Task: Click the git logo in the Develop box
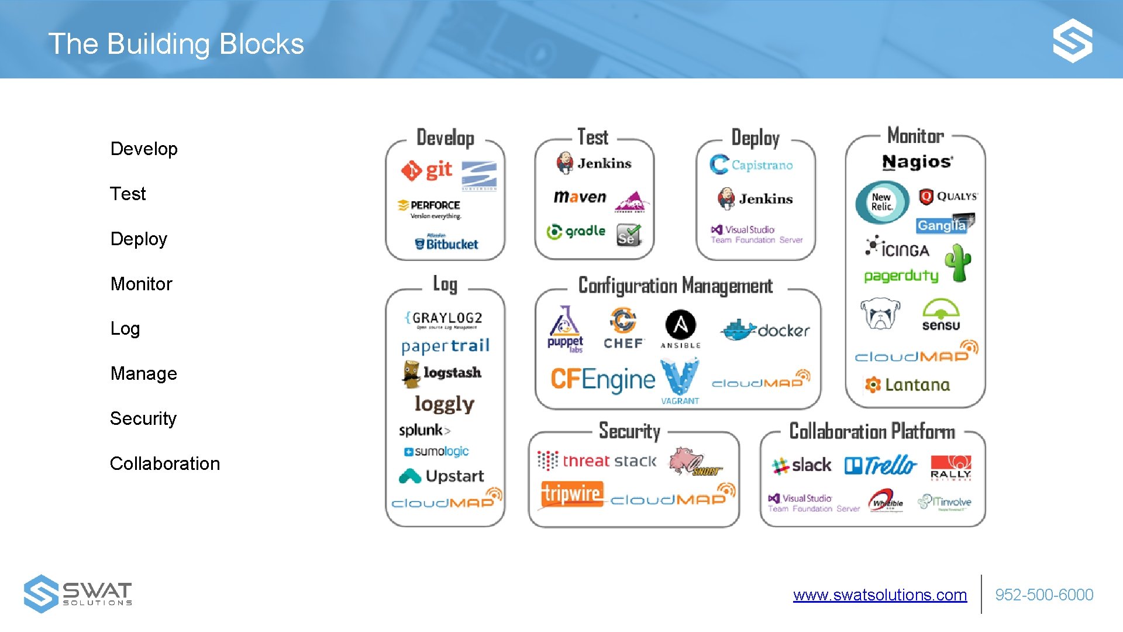pyautogui.click(x=426, y=170)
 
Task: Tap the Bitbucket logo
pyautogui.click(x=446, y=243)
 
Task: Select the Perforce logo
pyautogui.click(x=429, y=208)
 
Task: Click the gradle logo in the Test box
pyautogui.click(x=576, y=232)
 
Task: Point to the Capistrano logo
pyautogui.click(x=752, y=164)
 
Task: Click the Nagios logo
pyautogui.click(x=917, y=162)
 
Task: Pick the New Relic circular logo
pyautogui.click(x=882, y=202)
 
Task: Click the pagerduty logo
pyautogui.click(x=901, y=276)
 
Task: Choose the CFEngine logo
pyautogui.click(x=602, y=379)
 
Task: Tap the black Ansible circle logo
pyautogui.click(x=681, y=325)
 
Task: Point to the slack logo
pyautogui.click(x=801, y=465)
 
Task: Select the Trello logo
pyautogui.click(x=881, y=465)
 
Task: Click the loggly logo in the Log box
pyautogui.click(x=445, y=404)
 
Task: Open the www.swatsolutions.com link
pyautogui.click(x=880, y=595)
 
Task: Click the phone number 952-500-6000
pyautogui.click(x=1044, y=595)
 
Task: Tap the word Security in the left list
pyautogui.click(x=143, y=418)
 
